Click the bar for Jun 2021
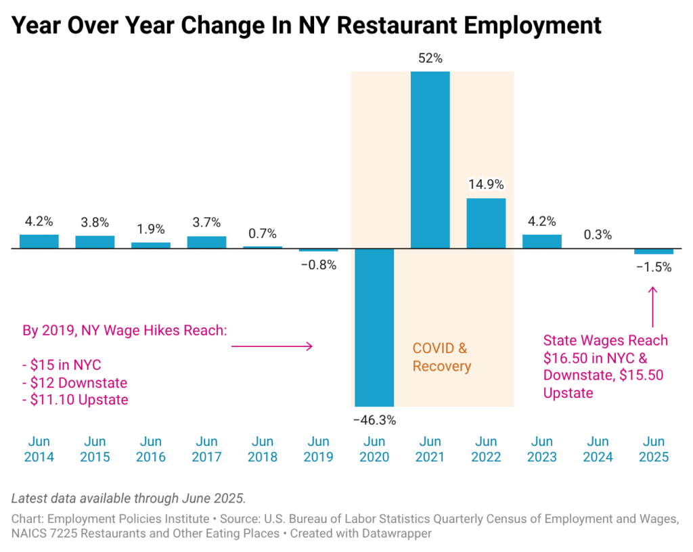coord(430,160)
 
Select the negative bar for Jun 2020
coord(374,327)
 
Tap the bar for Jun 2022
coord(486,223)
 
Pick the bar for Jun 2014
coord(39,241)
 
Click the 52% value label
coord(430,59)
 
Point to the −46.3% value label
coord(374,419)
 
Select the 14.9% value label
coord(486,184)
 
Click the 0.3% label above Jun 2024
coord(598,235)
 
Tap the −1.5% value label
coord(654,267)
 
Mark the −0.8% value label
coord(318,265)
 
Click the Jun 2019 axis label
coord(318,449)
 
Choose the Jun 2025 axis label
coord(654,449)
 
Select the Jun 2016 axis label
coord(150,449)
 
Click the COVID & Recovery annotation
coord(441,357)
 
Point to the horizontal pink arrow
coord(271,346)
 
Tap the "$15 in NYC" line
coord(62,365)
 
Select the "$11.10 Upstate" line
coord(75,400)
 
